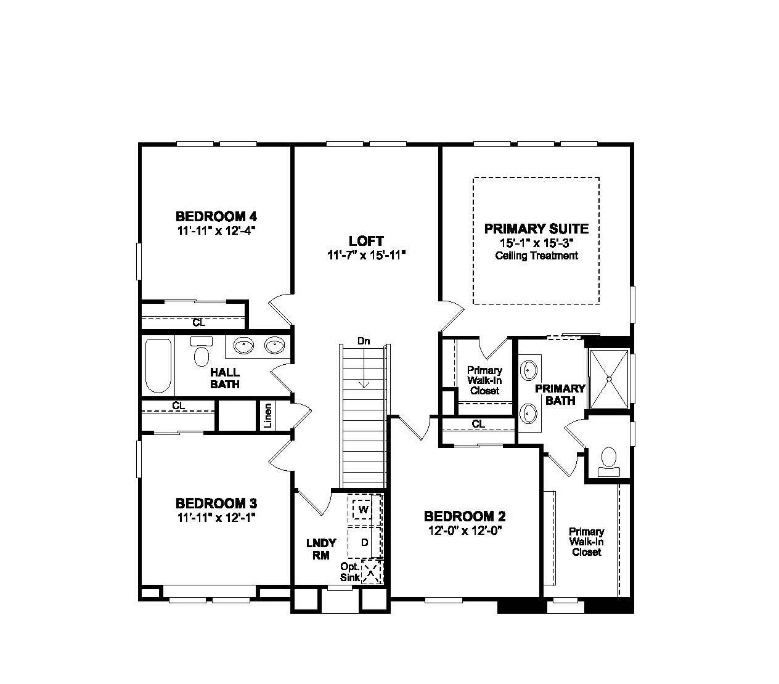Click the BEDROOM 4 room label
(216, 216)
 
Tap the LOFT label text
(366, 241)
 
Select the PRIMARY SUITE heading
(536, 229)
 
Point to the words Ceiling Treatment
(536, 256)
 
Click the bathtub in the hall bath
(158, 365)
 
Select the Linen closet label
(267, 415)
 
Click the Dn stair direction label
(364, 341)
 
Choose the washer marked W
(364, 510)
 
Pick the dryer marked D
(364, 542)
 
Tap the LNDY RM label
(321, 548)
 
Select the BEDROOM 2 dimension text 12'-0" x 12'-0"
(465, 530)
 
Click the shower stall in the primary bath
(609, 378)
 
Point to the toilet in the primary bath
(608, 461)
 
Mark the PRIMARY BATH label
(560, 394)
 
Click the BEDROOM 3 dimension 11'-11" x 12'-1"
(216, 517)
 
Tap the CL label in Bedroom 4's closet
(198, 322)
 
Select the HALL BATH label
(225, 378)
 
